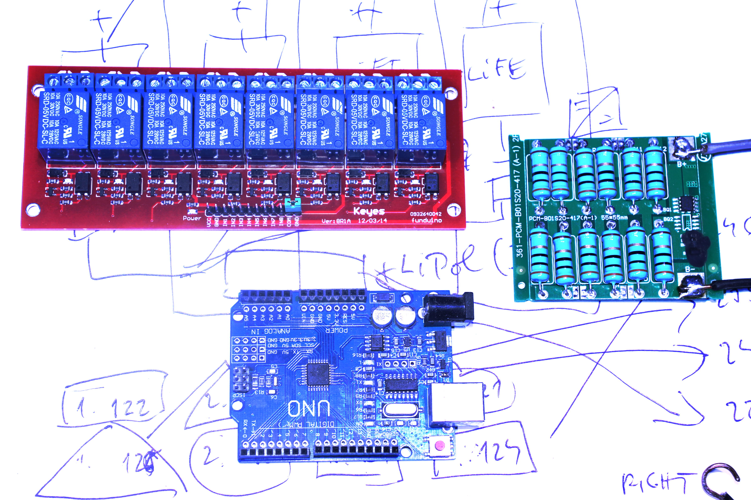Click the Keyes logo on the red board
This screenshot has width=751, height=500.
[369, 211]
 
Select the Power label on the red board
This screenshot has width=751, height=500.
[192, 218]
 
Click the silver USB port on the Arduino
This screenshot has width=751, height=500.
[456, 404]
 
